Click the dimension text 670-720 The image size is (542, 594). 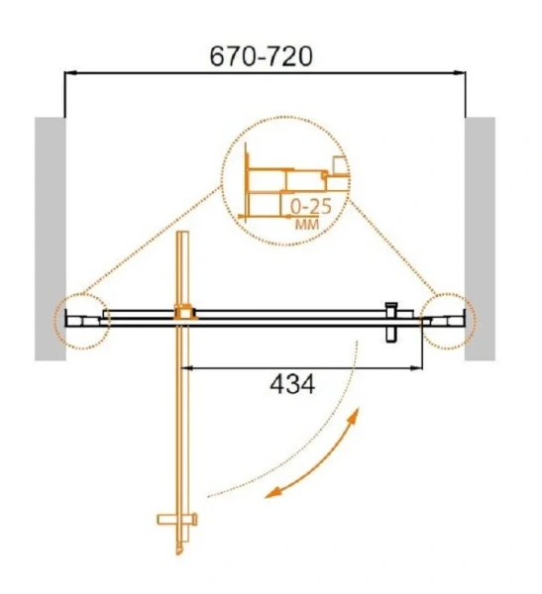pyautogui.click(x=261, y=56)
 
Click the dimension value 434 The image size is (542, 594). pyautogui.click(x=292, y=384)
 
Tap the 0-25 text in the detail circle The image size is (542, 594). pyautogui.click(x=311, y=207)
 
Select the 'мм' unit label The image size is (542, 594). pyautogui.click(x=307, y=225)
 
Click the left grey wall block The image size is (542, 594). pyautogui.click(x=51, y=239)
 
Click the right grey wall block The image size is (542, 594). pyautogui.click(x=480, y=239)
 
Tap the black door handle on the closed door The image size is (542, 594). pyautogui.click(x=391, y=322)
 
